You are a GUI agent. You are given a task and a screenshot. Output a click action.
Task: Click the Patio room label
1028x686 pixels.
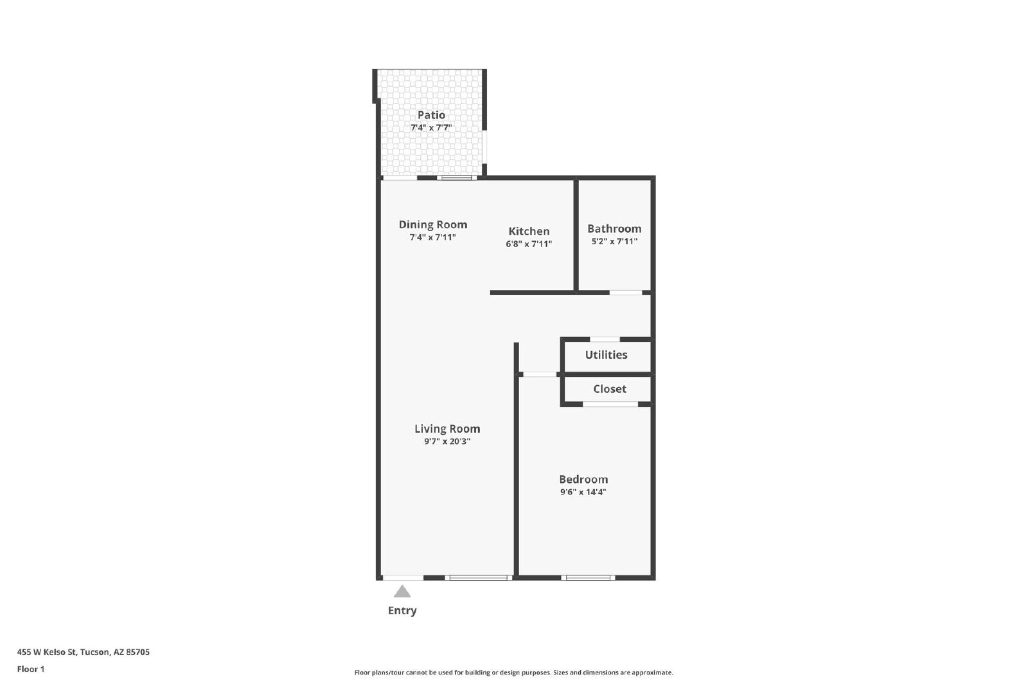[431, 115]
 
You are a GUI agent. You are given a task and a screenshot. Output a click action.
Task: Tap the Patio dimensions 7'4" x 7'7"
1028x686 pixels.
[431, 127]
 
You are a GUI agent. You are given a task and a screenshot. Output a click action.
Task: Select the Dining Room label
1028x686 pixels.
[433, 224]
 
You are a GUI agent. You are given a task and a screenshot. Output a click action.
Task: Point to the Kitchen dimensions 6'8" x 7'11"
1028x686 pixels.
[529, 244]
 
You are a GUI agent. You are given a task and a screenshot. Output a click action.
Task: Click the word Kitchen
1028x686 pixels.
[529, 231]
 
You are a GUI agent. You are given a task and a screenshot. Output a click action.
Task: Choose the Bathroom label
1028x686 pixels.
[614, 229]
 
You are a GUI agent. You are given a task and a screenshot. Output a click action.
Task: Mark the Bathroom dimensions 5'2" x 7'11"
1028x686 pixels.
[614, 241]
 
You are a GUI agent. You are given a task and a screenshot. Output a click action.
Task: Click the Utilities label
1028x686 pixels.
[606, 354]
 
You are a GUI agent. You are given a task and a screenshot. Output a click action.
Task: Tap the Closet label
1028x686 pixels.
[610, 389]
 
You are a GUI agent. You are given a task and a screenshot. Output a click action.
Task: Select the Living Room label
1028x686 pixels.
[447, 429]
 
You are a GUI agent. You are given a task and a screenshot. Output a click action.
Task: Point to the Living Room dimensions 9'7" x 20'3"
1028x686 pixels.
[447, 441]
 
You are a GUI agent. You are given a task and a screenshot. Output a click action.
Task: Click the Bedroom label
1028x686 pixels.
[583, 480]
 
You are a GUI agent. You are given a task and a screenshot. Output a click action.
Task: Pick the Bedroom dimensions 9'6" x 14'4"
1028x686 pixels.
[583, 492]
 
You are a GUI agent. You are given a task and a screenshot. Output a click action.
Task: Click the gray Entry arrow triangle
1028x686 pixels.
[402, 591]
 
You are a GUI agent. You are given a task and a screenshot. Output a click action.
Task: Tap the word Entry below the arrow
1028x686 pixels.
[402, 610]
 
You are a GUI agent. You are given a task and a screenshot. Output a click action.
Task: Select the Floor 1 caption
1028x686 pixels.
[31, 669]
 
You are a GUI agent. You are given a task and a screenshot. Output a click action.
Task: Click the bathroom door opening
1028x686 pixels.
[626, 293]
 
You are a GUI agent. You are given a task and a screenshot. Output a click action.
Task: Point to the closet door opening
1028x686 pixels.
[610, 404]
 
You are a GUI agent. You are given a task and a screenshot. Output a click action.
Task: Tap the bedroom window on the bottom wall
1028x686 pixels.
[588, 577]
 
